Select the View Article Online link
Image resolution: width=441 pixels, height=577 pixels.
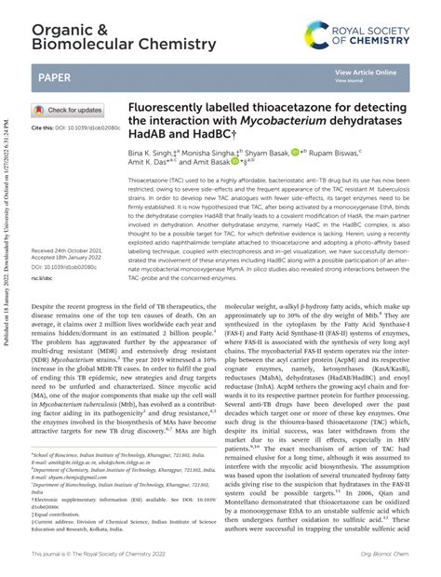pyautogui.click(x=366, y=73)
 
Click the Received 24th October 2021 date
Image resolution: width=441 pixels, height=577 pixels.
pyautogui.click(x=70, y=250)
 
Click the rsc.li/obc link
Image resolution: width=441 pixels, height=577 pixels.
pyautogui.click(x=43, y=277)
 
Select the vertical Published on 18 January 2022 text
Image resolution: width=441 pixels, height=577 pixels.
pyautogui.click(x=7, y=279)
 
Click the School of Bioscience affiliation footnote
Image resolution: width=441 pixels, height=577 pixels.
pyautogui.click(x=121, y=473)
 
